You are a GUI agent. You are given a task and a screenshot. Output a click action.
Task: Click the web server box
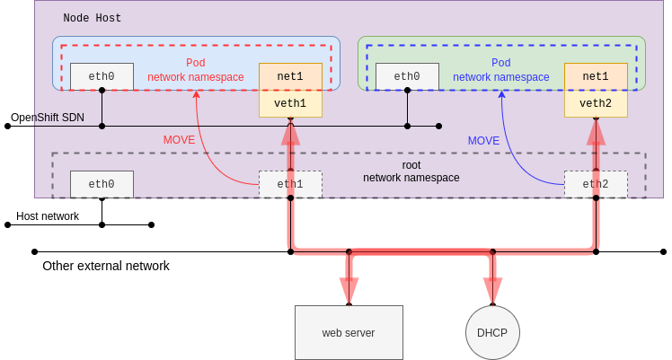point(349,333)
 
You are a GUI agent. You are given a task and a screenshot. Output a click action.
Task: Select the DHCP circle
point(492,333)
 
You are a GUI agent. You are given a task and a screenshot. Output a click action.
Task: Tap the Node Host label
point(93,18)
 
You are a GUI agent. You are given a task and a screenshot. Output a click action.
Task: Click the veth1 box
point(290,103)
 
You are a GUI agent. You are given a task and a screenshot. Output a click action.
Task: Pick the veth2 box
point(596,103)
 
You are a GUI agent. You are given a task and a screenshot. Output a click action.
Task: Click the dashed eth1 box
point(290,184)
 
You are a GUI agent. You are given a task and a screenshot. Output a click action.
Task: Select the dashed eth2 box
point(596,184)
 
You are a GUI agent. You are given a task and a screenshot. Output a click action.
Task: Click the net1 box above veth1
point(290,76)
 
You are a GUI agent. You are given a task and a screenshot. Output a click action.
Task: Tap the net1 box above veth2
point(596,76)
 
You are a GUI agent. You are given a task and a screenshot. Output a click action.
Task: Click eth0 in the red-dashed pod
point(102,76)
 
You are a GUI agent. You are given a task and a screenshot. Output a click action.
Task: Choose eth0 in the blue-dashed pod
point(407,76)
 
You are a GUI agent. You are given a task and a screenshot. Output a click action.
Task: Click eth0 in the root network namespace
point(102,184)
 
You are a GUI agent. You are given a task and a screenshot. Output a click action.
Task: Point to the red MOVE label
point(179,140)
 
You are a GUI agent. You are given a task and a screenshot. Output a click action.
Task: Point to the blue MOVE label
point(483,140)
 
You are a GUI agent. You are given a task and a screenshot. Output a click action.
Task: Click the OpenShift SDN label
point(47,118)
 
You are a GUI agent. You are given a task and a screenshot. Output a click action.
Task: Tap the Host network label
point(48,216)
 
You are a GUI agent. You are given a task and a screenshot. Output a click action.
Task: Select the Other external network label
point(106,266)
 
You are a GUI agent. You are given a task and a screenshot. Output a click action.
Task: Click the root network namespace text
point(411,171)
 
